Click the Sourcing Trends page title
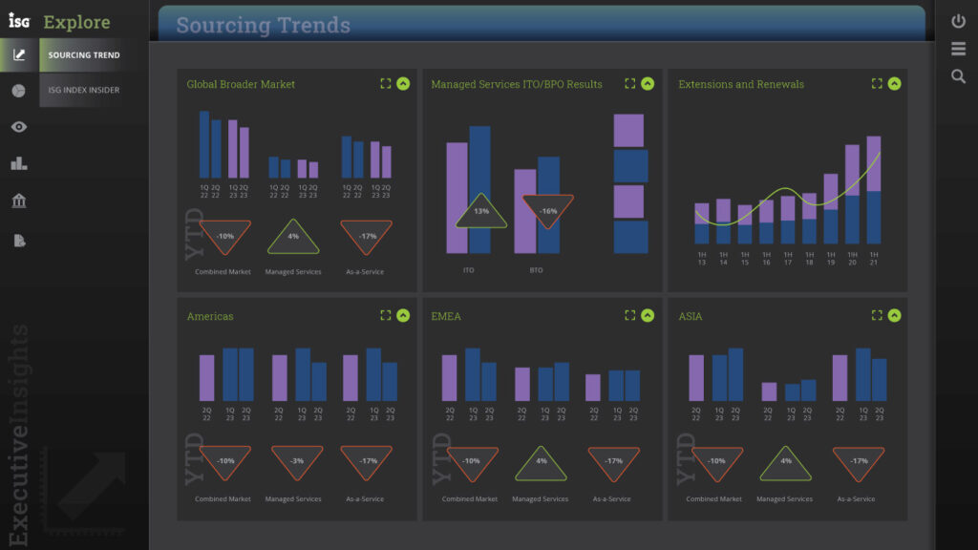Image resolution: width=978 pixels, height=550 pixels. coord(263,26)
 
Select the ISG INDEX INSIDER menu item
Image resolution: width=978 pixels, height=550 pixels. coord(84,90)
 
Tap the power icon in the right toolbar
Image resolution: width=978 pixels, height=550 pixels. coord(958,20)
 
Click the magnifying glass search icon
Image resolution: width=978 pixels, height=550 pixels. coord(958,76)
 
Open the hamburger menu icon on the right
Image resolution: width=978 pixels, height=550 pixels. coord(958,49)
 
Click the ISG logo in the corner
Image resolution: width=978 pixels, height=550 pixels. coord(19,20)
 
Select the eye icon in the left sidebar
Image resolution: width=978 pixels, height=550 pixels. coord(19,126)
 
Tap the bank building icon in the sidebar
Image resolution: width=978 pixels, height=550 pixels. coord(19,201)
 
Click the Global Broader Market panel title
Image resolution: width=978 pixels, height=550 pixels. coord(241,84)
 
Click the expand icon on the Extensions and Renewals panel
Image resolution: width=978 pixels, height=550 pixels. coord(877,83)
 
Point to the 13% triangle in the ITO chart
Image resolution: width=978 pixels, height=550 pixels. coord(480,212)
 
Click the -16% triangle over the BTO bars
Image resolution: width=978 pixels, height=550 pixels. coord(548,211)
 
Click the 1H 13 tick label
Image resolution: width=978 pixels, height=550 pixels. coord(702,258)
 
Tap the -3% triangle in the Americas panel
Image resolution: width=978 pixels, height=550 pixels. coord(297,461)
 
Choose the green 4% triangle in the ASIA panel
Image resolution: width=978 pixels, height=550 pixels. coord(785,462)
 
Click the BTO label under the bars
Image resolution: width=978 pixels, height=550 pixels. coord(536,270)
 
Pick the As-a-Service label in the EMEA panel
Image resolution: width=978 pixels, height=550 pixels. coord(612,498)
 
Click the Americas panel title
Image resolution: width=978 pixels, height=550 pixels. coord(210,316)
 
